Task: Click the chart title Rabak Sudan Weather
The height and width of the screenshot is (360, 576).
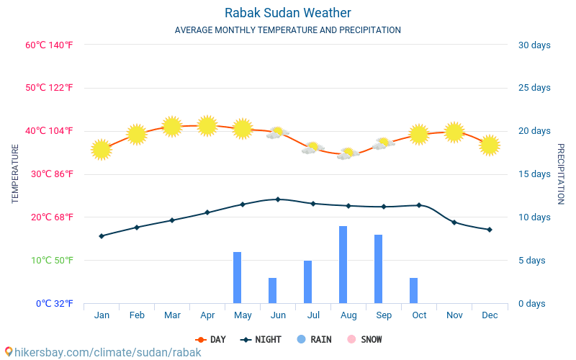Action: pyautogui.click(x=287, y=13)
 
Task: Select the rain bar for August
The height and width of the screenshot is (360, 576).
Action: pyautogui.click(x=343, y=264)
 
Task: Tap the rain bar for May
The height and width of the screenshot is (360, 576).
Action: pyautogui.click(x=238, y=277)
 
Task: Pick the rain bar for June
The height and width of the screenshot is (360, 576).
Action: pyautogui.click(x=273, y=290)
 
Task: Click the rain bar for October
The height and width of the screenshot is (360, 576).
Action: pyautogui.click(x=414, y=290)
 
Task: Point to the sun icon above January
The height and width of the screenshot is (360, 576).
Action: pyautogui.click(x=102, y=150)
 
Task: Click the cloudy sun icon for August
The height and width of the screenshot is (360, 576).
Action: pyautogui.click(x=348, y=153)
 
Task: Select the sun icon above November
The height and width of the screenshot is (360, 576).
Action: pyautogui.click(x=454, y=132)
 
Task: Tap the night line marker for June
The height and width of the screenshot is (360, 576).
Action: pyautogui.click(x=278, y=199)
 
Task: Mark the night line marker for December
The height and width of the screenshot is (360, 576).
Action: pyautogui.click(x=490, y=230)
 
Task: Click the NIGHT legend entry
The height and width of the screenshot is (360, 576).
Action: pyautogui.click(x=261, y=339)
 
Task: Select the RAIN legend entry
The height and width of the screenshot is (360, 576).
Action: pyautogui.click(x=314, y=339)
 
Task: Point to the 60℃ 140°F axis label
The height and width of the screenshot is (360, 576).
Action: pyautogui.click(x=49, y=45)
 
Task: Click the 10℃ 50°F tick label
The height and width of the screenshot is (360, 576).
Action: pyautogui.click(x=49, y=260)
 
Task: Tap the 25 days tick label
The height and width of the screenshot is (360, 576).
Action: pyautogui.click(x=534, y=88)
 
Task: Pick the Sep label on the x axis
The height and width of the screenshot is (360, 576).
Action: pyautogui.click(x=384, y=315)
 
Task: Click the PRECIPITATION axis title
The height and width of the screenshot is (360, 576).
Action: pyautogui.click(x=561, y=174)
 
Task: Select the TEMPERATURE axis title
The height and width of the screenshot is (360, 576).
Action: pyautogui.click(x=15, y=174)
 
